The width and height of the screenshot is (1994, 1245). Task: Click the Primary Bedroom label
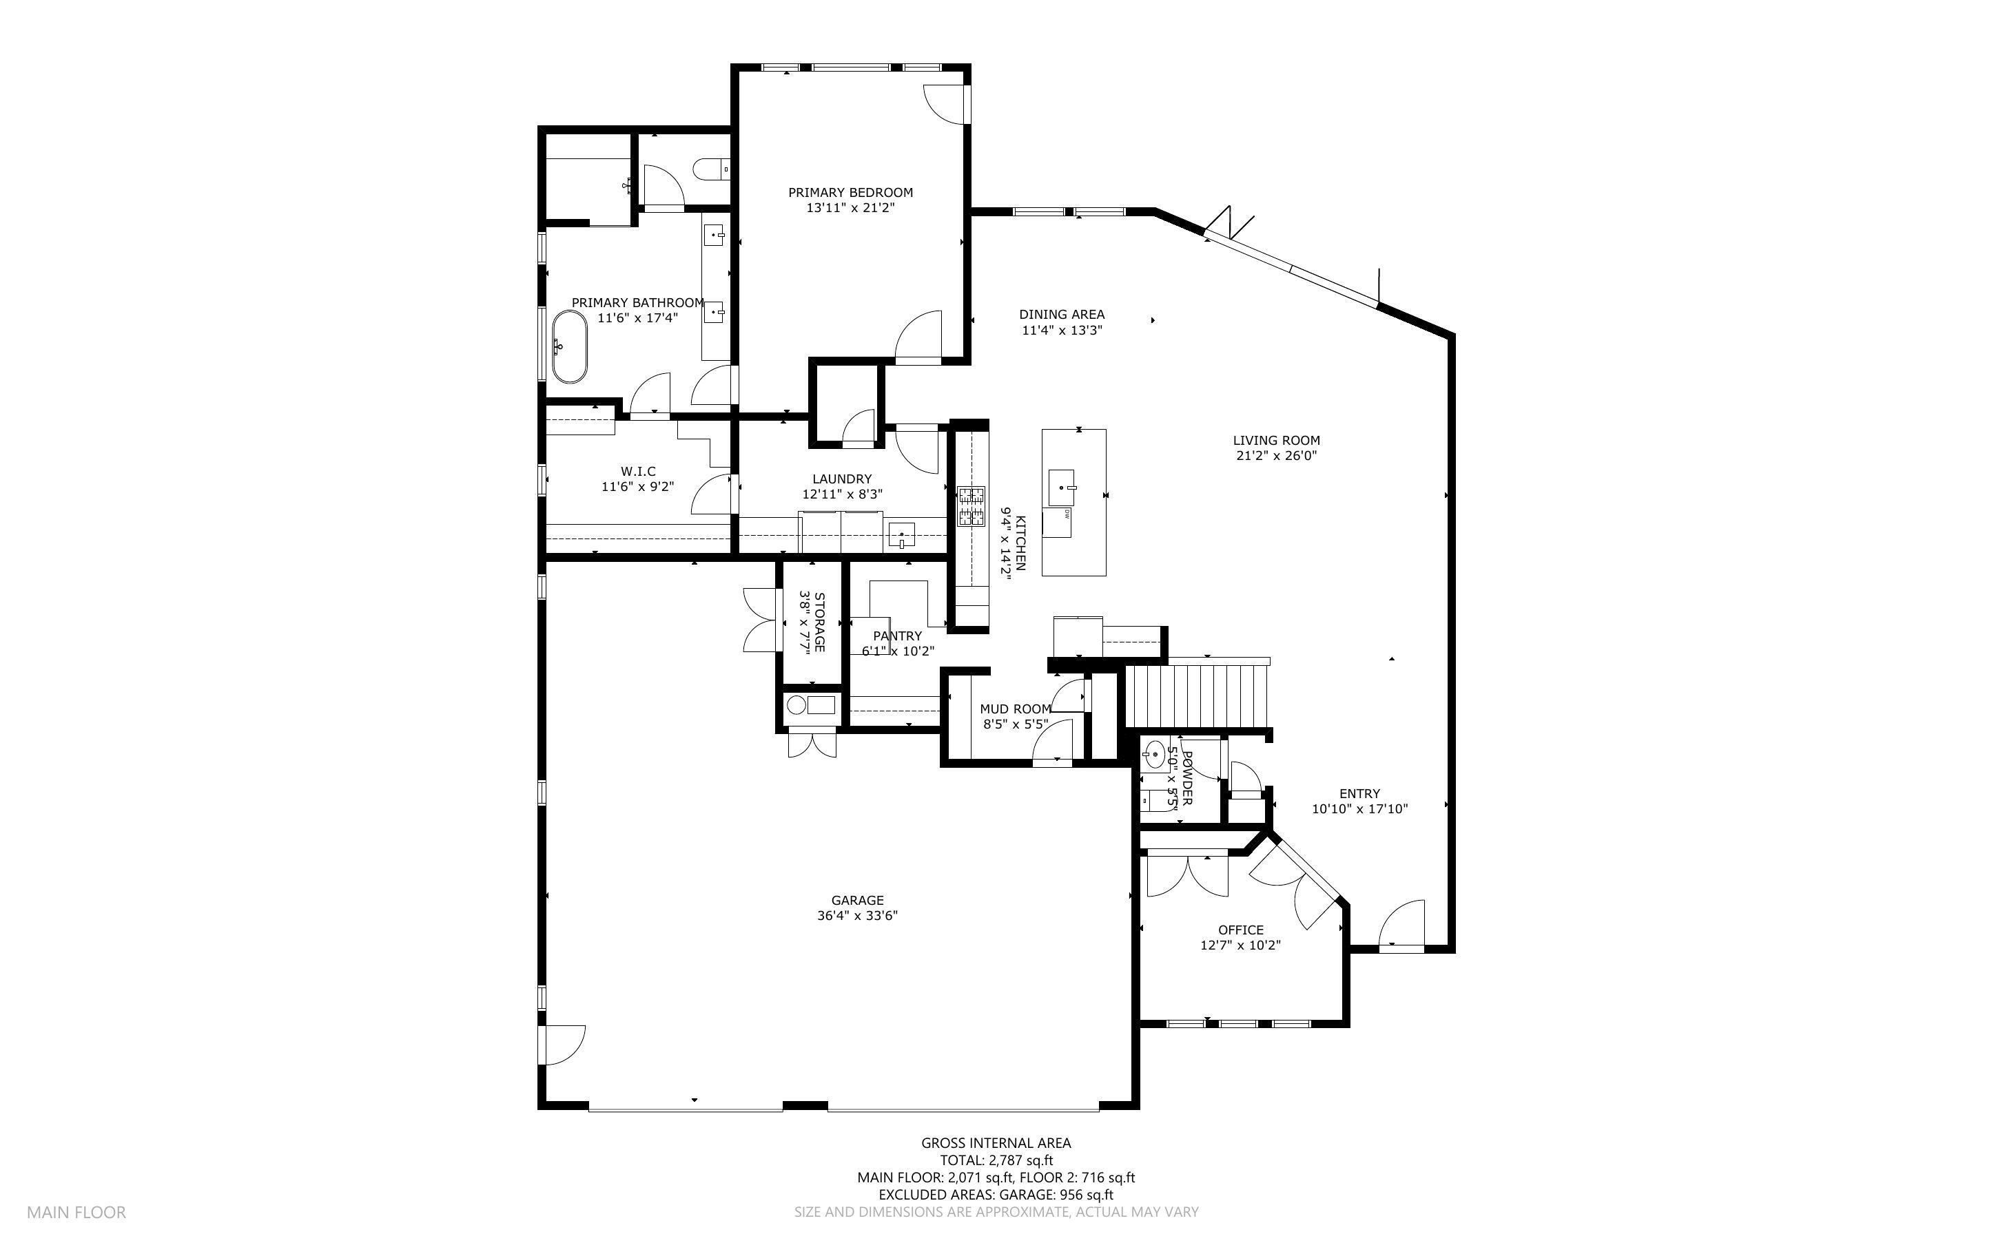click(x=850, y=193)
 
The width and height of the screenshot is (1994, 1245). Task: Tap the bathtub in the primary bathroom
click(x=569, y=346)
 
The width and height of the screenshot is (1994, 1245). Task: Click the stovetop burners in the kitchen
click(x=970, y=506)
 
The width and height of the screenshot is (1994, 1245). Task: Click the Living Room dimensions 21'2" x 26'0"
click(x=1276, y=455)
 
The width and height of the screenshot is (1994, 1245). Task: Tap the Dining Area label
click(x=1061, y=315)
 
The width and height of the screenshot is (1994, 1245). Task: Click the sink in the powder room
click(x=1153, y=752)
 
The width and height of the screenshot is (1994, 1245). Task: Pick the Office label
click(x=1240, y=930)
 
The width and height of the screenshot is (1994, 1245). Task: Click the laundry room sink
click(x=902, y=536)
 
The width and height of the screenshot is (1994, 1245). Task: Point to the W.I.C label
click(x=637, y=471)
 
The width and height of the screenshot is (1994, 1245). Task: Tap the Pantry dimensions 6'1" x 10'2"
click(x=898, y=651)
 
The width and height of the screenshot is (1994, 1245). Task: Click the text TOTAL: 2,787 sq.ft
click(x=996, y=1160)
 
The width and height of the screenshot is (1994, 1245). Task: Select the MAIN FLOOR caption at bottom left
click(x=76, y=1212)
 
